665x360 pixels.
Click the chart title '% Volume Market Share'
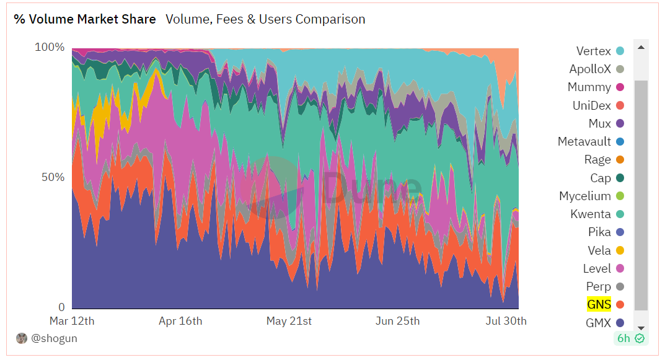85,19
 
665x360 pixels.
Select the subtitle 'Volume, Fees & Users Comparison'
265,19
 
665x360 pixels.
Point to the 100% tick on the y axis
49,47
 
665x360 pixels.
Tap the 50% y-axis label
53,177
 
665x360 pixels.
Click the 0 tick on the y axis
61,307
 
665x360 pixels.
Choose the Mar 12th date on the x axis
72,321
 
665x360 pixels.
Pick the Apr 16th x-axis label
180,321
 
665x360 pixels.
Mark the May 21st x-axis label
289,321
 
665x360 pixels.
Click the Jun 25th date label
397,321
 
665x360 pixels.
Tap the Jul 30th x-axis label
505,321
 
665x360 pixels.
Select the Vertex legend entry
593,51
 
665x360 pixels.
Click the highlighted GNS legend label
599,304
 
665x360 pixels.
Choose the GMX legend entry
598,323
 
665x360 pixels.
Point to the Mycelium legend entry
585,196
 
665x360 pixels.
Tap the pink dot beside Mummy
620,87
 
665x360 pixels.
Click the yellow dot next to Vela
620,250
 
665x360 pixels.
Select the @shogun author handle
55,338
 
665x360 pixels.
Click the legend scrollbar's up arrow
641,47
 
